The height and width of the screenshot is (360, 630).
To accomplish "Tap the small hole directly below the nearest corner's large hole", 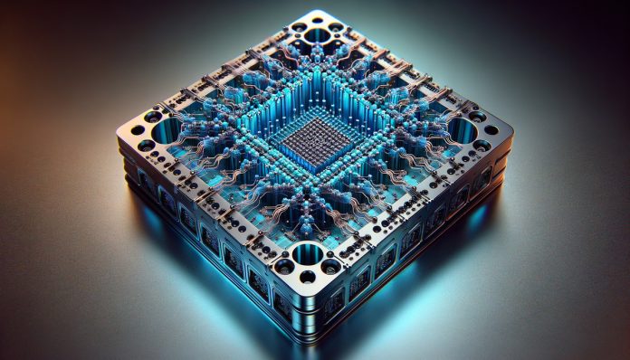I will point(308,276).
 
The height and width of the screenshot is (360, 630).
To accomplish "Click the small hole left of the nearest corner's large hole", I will point(283,265).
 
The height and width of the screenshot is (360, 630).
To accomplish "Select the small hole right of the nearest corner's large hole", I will point(332,264).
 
